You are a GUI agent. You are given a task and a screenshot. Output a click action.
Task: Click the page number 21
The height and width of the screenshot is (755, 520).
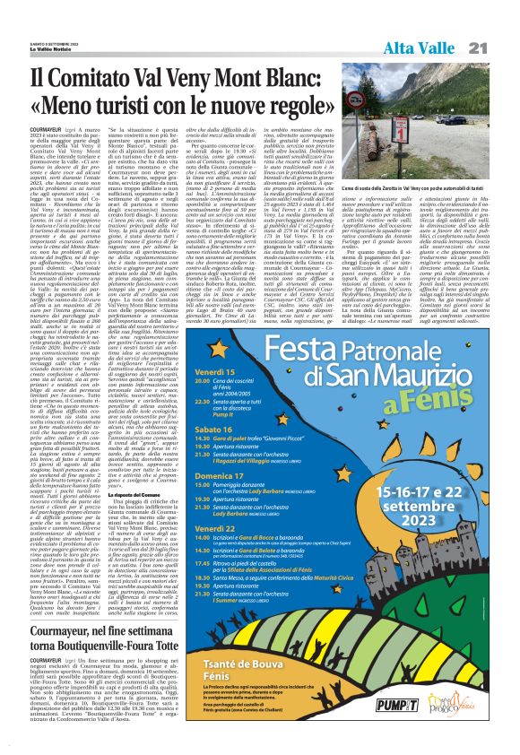click(x=502, y=48)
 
